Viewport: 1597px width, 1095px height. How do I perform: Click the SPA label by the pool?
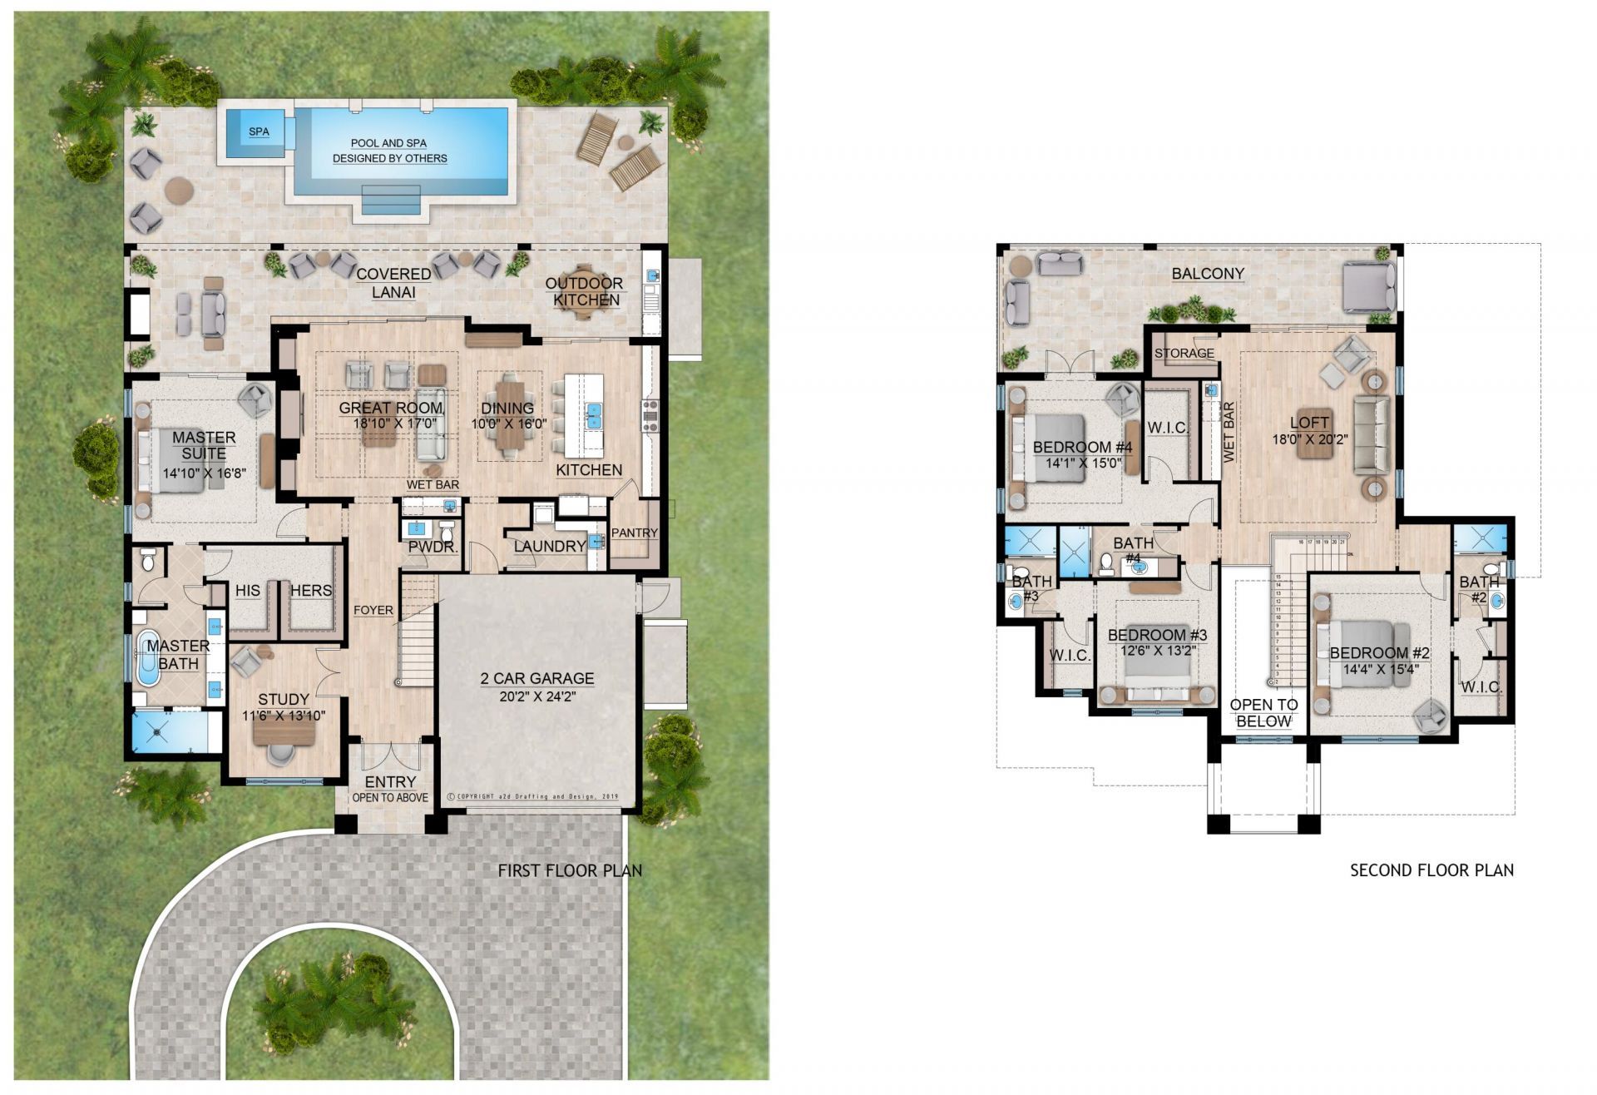coord(259,131)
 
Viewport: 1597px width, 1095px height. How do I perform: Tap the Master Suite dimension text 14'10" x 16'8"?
coord(205,473)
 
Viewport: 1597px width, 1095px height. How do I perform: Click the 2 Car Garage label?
coord(536,678)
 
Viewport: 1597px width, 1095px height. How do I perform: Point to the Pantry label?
coord(634,533)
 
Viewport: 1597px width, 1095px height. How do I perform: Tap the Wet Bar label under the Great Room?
coord(433,484)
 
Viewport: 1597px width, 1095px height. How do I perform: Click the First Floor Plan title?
coord(570,870)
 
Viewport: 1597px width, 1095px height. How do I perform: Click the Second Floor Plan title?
coord(1431,870)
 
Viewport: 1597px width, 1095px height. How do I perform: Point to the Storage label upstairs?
coord(1184,353)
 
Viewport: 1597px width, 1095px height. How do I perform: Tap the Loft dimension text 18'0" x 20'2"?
coord(1309,438)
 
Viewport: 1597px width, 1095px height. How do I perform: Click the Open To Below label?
coord(1263,713)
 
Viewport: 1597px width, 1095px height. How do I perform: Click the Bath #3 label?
coord(1031,588)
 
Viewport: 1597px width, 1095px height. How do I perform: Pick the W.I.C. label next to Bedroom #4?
coord(1167,428)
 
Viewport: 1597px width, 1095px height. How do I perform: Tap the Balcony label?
coord(1208,273)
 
